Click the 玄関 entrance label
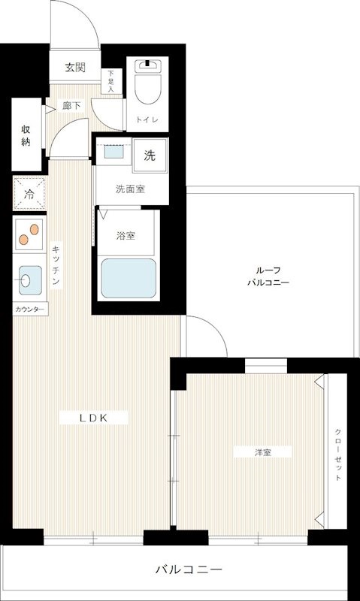74,68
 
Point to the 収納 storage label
26,134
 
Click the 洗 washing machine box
150,156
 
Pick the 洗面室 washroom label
129,189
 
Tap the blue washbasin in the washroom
114,153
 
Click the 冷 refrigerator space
29,195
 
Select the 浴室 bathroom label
126,236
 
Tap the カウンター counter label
29,310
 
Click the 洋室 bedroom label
262,452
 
